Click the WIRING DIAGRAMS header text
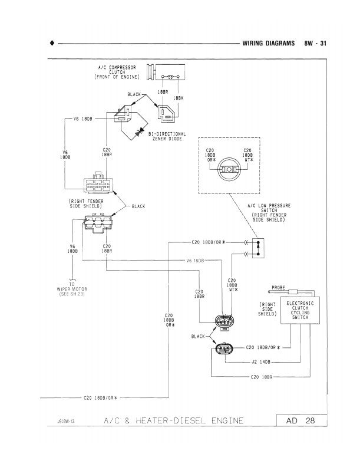click(268, 44)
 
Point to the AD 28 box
click(299, 420)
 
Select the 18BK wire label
click(179, 98)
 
